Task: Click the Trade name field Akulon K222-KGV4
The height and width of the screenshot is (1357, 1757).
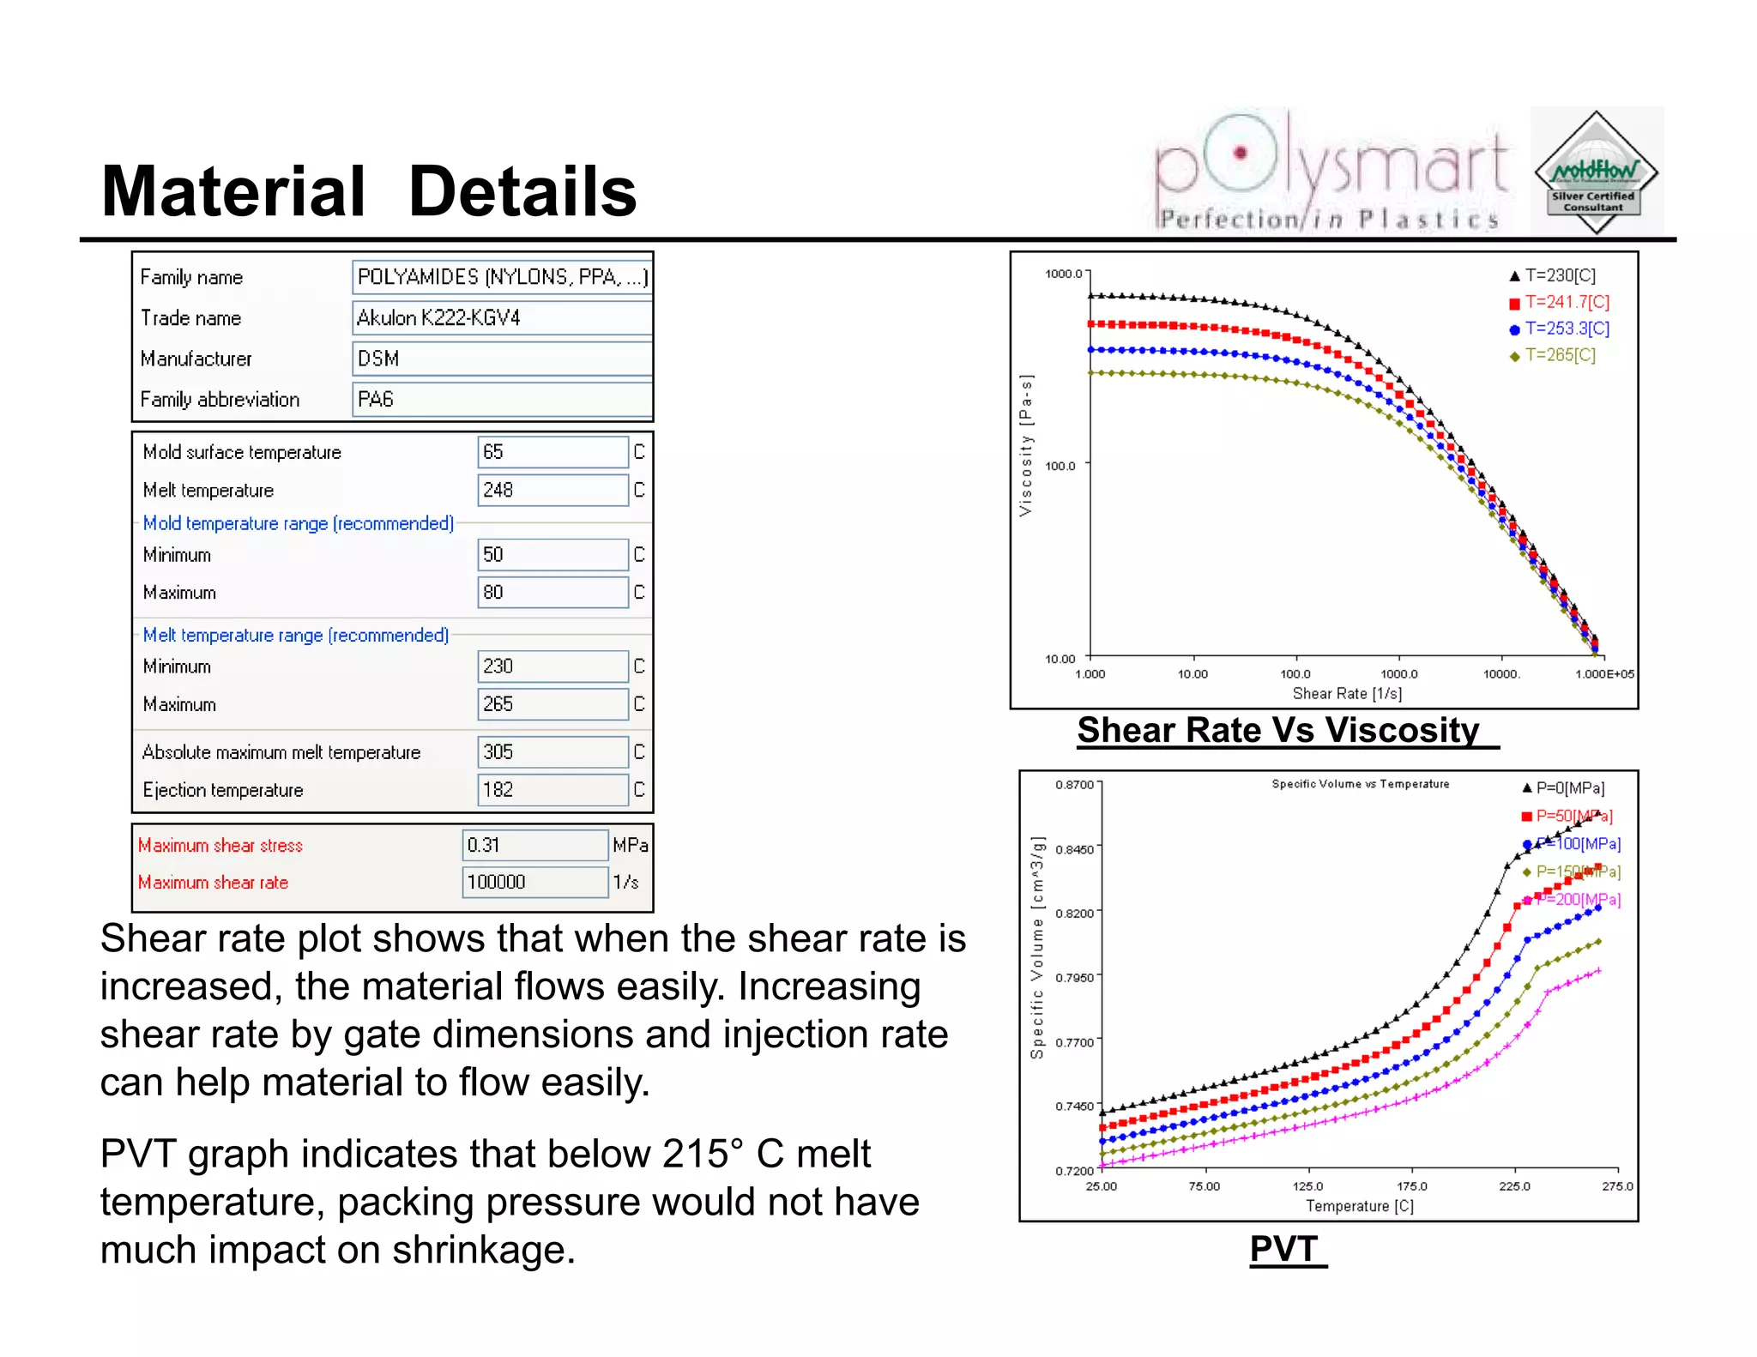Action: [502, 318]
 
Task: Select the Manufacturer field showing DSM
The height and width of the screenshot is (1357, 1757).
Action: [502, 359]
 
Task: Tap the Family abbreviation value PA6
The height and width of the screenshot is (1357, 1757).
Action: [502, 400]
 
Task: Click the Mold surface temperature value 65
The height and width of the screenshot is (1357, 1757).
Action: [552, 452]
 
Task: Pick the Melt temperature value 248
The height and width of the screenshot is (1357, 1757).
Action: [552, 490]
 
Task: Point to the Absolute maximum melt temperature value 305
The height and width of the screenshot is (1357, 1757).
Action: [552, 752]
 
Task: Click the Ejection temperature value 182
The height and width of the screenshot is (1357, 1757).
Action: [552, 790]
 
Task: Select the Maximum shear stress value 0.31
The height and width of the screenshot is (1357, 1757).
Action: [534, 845]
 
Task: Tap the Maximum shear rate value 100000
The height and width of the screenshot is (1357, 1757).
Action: [534, 882]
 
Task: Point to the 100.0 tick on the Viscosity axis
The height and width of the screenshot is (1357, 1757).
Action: [1060, 466]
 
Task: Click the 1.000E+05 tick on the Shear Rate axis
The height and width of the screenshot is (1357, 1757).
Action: [1604, 674]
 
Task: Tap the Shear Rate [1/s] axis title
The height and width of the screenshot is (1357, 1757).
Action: [1347, 693]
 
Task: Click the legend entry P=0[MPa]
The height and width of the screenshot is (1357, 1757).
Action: [1569, 787]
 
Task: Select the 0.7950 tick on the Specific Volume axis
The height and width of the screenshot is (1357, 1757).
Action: [1074, 977]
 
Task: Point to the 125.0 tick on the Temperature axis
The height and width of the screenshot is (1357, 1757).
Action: [1307, 1186]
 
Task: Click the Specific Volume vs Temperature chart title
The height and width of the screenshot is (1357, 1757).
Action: [1360, 784]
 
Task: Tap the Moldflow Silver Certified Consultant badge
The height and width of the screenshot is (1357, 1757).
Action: [1596, 172]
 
